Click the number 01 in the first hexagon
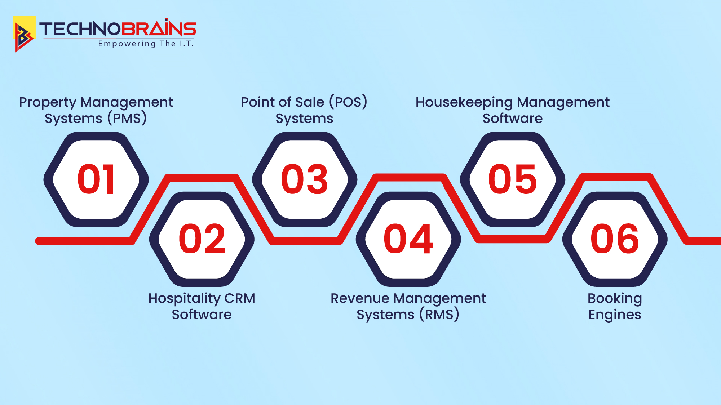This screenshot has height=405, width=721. pos(96,179)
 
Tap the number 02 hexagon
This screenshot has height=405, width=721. pos(202,239)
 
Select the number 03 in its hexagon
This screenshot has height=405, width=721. pos(305,179)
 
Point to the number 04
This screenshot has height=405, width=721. pos(408,239)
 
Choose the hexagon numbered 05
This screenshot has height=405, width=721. pos(512,179)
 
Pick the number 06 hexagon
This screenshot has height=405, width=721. pos(615,239)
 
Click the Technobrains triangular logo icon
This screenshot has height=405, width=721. pos(24,35)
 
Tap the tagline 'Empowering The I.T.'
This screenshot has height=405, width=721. pos(146,44)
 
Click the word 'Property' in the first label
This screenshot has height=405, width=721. pos(48,103)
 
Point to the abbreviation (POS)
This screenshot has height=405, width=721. pos(348,102)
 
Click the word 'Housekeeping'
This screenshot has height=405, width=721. pos(464,103)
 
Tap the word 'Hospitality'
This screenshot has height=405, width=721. pos(184,299)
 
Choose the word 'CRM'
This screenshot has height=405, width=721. pos(240,298)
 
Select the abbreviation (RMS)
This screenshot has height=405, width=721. pos(439,315)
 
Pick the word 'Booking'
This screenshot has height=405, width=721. pos(615,299)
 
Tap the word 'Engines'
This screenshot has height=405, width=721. pos(615,315)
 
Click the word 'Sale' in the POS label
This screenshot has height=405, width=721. pos(310,102)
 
